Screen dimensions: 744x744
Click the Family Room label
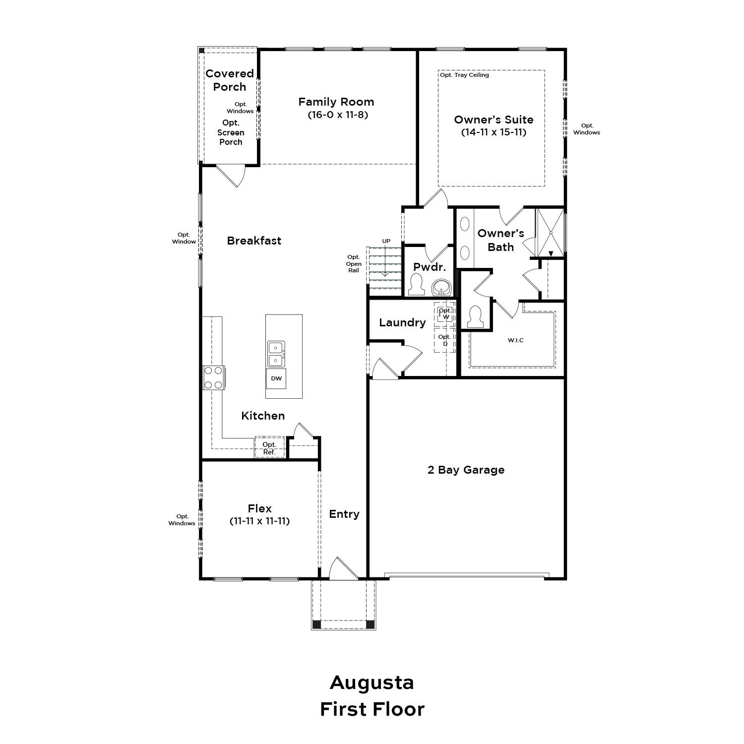(x=336, y=102)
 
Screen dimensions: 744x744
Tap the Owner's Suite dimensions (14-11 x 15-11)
(x=494, y=132)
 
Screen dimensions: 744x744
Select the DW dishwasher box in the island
(x=276, y=378)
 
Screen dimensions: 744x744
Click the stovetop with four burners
(x=214, y=377)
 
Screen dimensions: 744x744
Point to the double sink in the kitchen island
(x=276, y=354)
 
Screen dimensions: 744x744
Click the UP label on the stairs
(x=386, y=241)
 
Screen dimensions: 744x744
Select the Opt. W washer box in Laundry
(x=445, y=313)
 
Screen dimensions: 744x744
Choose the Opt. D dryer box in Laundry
(x=445, y=340)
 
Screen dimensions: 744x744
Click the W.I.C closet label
(x=516, y=340)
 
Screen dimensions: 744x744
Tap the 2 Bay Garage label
(x=466, y=470)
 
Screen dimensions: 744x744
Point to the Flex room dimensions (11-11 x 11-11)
(x=260, y=521)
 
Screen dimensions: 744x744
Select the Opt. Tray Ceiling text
(x=464, y=75)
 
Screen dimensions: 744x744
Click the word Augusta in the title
(x=372, y=682)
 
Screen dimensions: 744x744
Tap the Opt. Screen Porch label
(x=231, y=132)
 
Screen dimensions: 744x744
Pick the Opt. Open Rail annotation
(x=354, y=264)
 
